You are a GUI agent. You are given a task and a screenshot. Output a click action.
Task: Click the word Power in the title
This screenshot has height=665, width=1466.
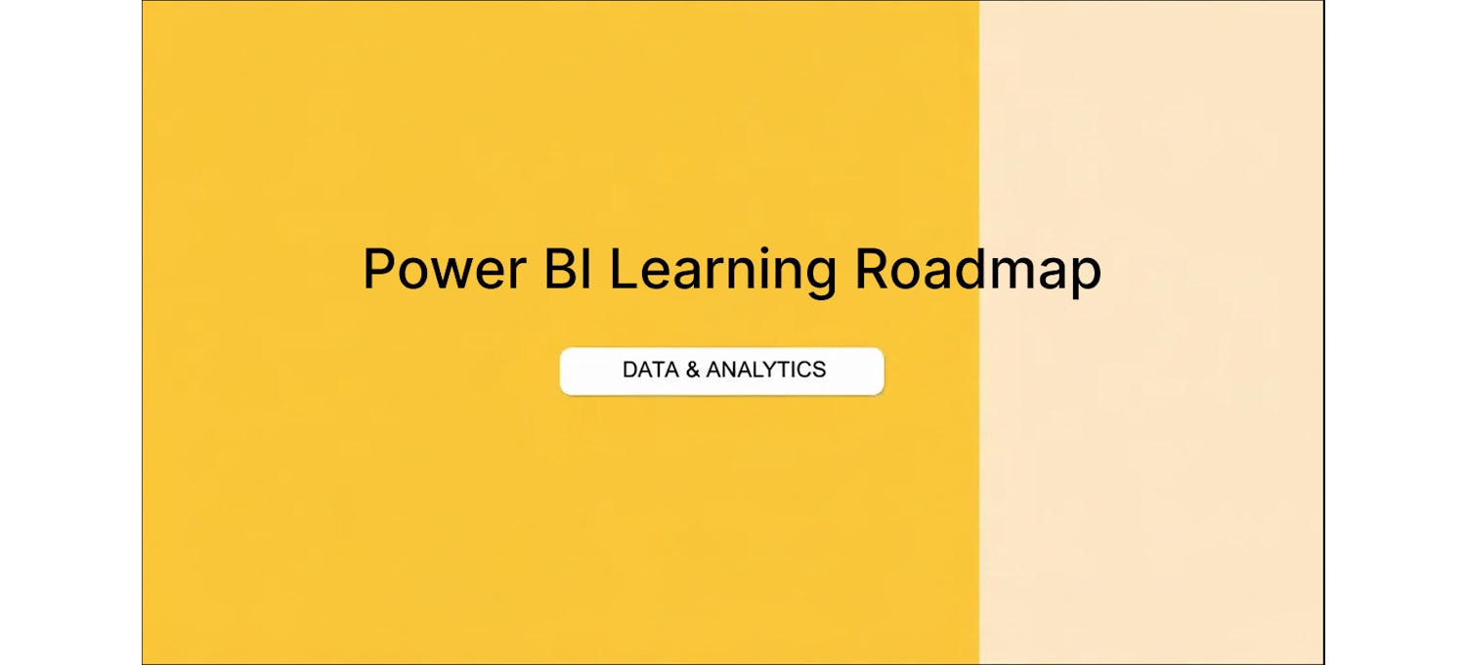coord(445,269)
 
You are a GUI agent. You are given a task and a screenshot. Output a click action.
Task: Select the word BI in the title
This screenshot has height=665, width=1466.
coord(568,269)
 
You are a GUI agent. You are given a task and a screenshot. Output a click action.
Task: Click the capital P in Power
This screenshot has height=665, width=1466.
coord(379,269)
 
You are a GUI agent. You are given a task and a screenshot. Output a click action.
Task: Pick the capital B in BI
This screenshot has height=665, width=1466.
coord(560,269)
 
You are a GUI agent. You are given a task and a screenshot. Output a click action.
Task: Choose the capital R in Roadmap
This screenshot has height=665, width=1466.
coord(872,269)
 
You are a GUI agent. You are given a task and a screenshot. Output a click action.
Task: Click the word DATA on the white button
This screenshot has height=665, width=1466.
coord(651,371)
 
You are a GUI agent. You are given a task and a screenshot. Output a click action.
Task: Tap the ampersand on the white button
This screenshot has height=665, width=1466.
coord(692,371)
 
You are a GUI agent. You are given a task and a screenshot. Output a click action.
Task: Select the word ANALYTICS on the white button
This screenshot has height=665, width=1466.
coord(765,371)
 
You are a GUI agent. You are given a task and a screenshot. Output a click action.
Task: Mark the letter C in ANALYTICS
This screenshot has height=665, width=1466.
coord(799,371)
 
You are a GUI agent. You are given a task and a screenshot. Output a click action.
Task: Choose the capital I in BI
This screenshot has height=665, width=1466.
coord(587,269)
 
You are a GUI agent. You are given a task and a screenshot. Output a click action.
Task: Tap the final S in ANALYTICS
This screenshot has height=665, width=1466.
coord(818,371)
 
